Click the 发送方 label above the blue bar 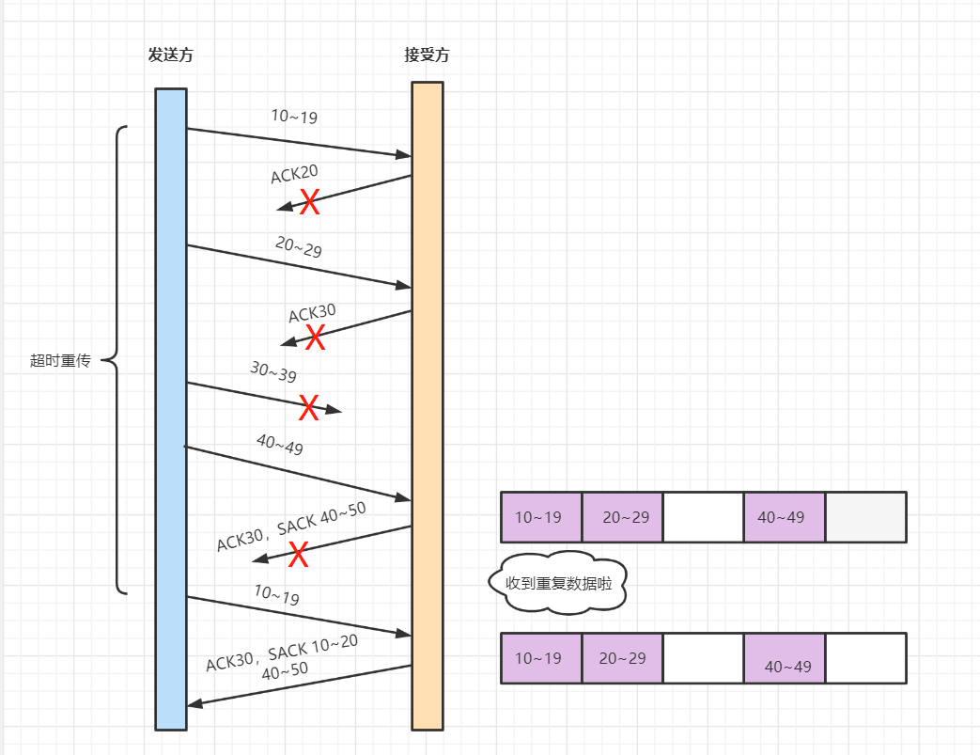pyautogui.click(x=170, y=55)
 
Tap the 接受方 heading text pyautogui.click(x=427, y=55)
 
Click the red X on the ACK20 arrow pyautogui.click(x=309, y=201)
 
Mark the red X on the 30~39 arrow pyautogui.click(x=309, y=408)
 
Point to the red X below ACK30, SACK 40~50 pyautogui.click(x=299, y=555)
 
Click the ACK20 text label pyautogui.click(x=294, y=174)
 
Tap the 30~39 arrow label pyautogui.click(x=273, y=372)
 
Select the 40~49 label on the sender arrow pyautogui.click(x=279, y=445)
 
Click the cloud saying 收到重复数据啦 pyautogui.click(x=558, y=584)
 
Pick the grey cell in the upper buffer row pyautogui.click(x=865, y=517)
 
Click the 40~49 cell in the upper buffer pyautogui.click(x=784, y=517)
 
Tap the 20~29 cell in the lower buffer pyautogui.click(x=622, y=658)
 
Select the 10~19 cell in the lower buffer pyautogui.click(x=541, y=658)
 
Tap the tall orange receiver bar pyautogui.click(x=427, y=404)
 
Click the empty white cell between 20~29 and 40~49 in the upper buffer pyautogui.click(x=703, y=517)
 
